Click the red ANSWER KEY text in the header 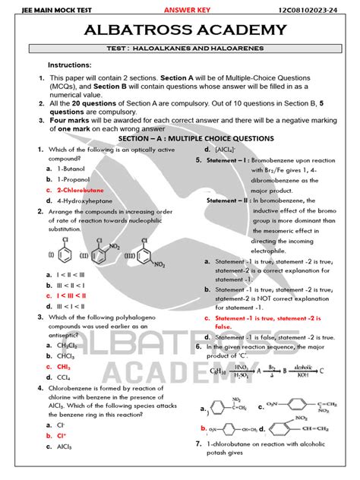point(186,9)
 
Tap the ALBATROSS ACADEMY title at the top point(179,30)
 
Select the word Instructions point(70,65)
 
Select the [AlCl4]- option point(224,150)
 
